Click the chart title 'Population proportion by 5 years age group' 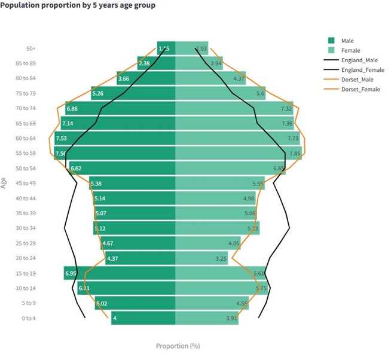coord(78,6)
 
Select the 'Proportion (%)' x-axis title coord(178,346)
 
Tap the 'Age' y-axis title coord(4,182)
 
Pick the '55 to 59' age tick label coord(26,153)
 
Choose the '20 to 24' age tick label coord(26,258)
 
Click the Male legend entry coord(347,40)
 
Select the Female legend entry coord(350,50)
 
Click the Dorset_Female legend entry coord(360,90)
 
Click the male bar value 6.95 coord(71,273)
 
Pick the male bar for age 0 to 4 coord(143,318)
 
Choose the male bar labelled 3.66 coord(124,78)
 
